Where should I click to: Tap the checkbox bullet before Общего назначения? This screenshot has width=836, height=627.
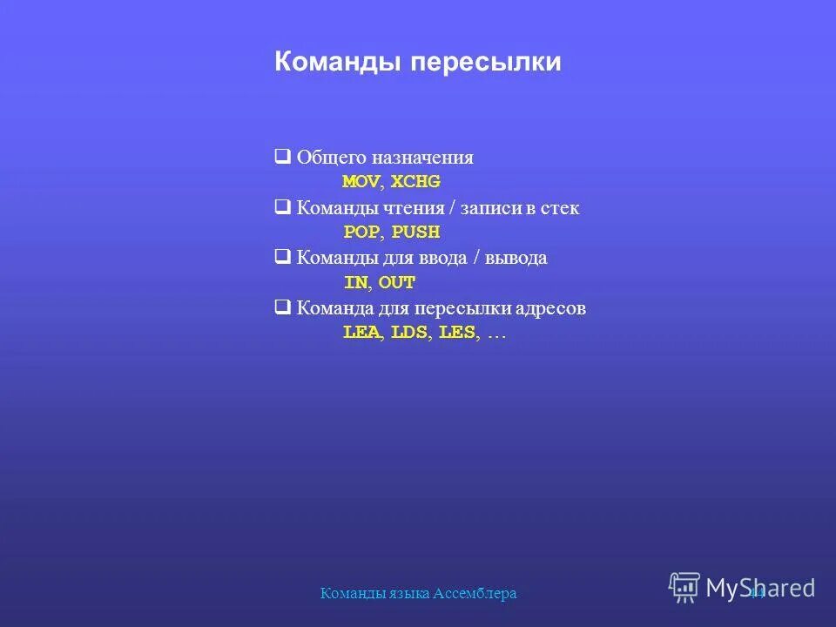[x=282, y=158]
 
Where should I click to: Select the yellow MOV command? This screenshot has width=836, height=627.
[x=361, y=182]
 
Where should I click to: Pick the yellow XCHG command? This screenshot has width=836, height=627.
[x=415, y=182]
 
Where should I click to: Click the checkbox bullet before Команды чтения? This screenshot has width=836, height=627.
[x=282, y=208]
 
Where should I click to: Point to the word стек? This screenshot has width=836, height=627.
[x=557, y=209]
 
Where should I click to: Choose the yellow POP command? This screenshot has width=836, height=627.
[x=361, y=233]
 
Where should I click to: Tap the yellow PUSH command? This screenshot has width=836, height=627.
[x=415, y=233]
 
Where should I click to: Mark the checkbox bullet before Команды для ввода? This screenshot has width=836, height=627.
[x=282, y=258]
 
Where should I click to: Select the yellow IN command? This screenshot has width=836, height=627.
[x=355, y=283]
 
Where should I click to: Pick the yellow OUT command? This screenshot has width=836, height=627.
[x=397, y=283]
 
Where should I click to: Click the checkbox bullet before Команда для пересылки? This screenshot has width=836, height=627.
[x=282, y=307]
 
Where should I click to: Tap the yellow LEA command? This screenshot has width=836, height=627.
[x=361, y=334]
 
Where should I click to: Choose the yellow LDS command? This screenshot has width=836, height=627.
[x=409, y=334]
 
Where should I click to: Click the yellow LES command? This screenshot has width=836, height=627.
[x=457, y=334]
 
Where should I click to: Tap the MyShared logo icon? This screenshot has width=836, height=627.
[x=684, y=588]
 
